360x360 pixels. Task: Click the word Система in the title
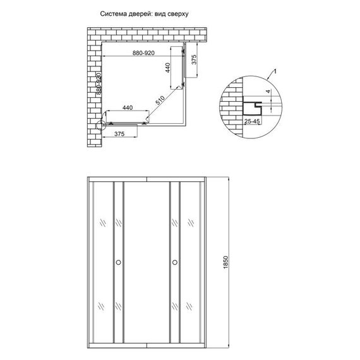(114, 13)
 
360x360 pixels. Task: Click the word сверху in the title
(179, 13)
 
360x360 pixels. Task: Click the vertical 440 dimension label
(169, 68)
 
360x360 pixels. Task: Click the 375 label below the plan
(123, 135)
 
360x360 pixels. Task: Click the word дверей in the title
(140, 13)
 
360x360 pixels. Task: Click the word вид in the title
(161, 13)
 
